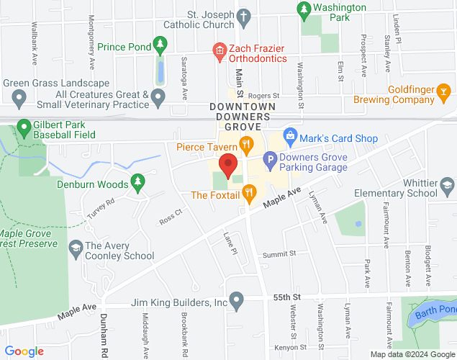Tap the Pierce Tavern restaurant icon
246,145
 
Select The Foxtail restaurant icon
249,192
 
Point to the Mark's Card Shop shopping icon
290,135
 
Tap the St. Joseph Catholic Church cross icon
244,15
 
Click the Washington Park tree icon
303,9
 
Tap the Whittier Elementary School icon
447,188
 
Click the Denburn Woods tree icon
137,183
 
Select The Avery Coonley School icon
75,248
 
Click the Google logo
24,351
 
